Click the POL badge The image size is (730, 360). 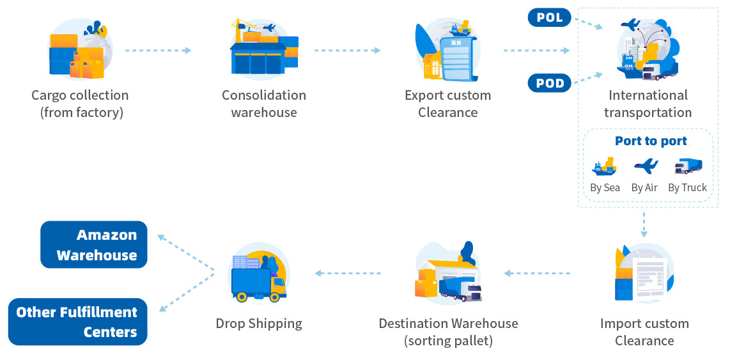click(549, 17)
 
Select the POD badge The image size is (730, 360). click(549, 83)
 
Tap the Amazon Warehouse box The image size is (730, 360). click(94, 245)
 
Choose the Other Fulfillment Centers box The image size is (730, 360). click(77, 322)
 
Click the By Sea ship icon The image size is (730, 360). click(604, 167)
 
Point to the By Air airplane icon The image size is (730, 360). click(646, 166)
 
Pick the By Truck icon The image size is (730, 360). click(688, 166)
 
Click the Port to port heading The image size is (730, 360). click(651, 141)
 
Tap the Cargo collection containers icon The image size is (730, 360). click(78, 51)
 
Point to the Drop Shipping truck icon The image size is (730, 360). click(258, 276)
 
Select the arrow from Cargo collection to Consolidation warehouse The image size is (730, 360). click(158, 50)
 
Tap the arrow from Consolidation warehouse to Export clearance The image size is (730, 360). click(348, 50)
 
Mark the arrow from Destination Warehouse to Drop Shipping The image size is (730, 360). click(348, 274)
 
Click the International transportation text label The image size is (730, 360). click(648, 104)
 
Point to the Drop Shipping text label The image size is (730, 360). click(259, 324)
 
